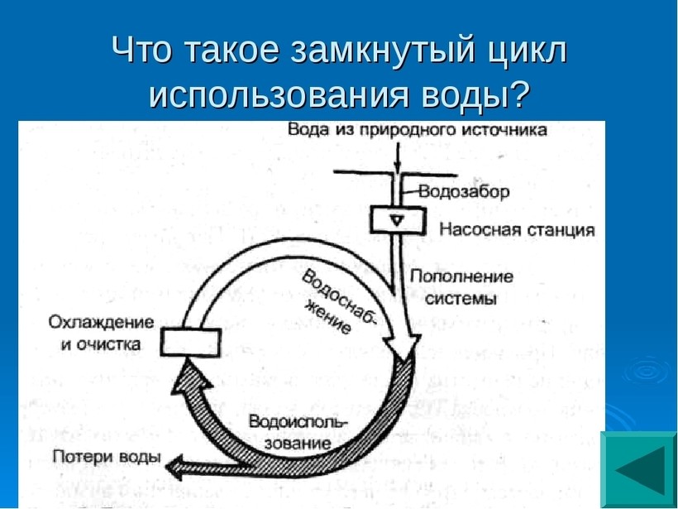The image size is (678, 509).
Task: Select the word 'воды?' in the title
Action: (x=481, y=95)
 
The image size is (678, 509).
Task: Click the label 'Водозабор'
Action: (x=463, y=192)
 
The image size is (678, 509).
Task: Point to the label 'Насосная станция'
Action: (x=517, y=229)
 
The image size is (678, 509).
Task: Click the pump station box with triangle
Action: (x=397, y=220)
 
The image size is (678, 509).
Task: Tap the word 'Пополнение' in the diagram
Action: (x=461, y=276)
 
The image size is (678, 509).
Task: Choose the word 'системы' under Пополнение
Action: (x=461, y=299)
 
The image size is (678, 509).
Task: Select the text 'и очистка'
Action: (x=101, y=343)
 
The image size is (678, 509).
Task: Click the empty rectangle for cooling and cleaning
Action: (x=191, y=341)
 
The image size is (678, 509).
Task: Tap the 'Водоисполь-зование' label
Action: (x=298, y=432)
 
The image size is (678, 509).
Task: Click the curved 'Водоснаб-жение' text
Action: (x=335, y=302)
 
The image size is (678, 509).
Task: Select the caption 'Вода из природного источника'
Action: (x=418, y=130)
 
